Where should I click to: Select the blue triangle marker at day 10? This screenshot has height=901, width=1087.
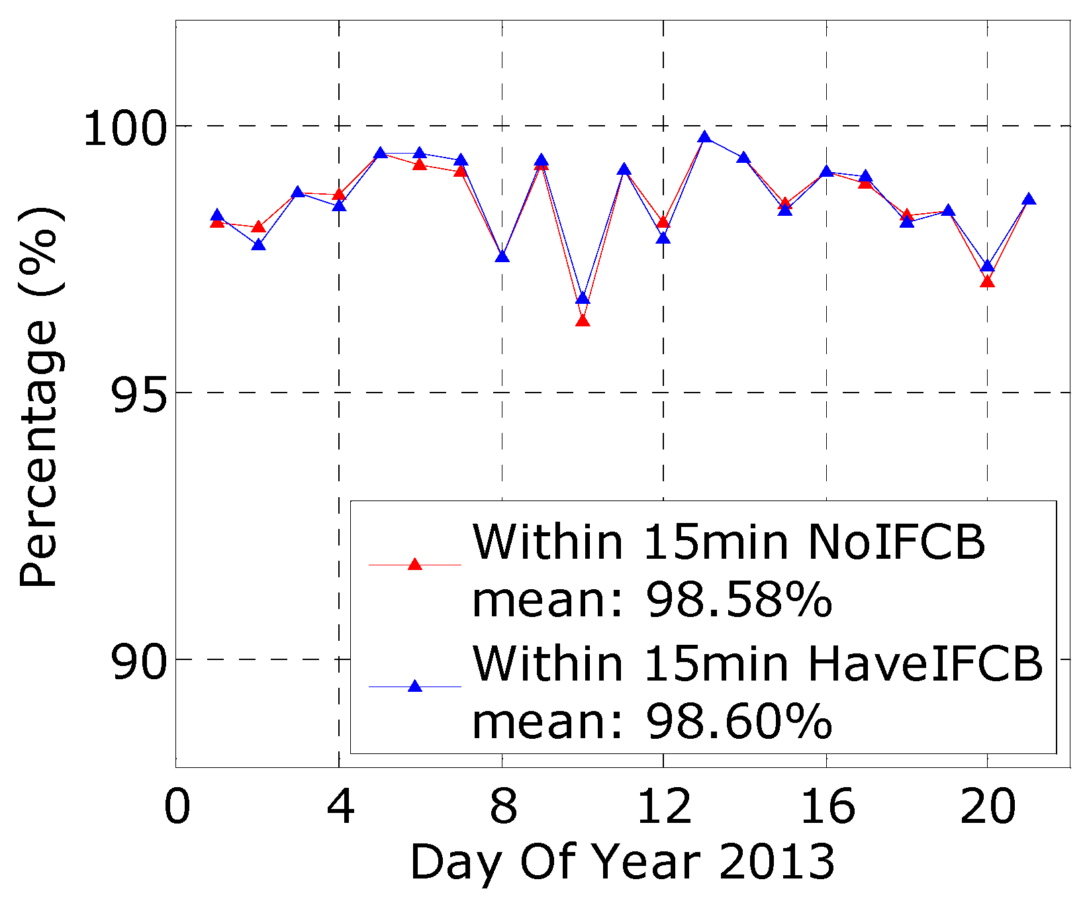pos(583,299)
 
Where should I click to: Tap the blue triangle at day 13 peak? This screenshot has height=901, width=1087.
pos(704,137)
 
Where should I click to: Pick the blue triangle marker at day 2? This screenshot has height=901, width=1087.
pos(259,245)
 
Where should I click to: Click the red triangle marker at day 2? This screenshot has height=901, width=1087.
pos(259,227)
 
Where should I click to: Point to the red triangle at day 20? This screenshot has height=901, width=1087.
pos(987,282)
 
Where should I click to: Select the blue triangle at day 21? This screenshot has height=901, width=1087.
pos(1029,199)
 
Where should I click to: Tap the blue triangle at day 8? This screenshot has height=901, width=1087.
pos(502,256)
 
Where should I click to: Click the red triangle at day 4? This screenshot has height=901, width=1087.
pos(339,195)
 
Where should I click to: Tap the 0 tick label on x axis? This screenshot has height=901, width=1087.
pos(177,807)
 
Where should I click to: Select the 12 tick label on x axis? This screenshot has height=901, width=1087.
pos(663,807)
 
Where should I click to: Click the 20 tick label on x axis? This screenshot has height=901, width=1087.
pos(987,807)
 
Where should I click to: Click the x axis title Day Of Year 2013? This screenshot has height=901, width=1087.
pos(622,863)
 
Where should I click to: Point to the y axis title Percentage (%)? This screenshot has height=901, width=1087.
pos(40,397)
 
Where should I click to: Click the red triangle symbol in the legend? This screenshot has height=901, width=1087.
pos(415,565)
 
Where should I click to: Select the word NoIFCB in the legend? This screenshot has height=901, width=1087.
pos(896,543)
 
